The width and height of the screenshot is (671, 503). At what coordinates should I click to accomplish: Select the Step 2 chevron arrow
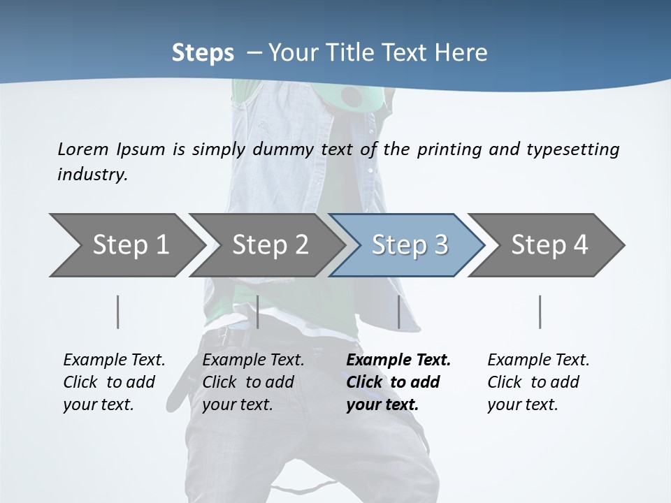269,245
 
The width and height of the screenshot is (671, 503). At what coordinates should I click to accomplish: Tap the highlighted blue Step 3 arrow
409,245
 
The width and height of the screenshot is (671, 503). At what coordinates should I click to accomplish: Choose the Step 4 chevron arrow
549,245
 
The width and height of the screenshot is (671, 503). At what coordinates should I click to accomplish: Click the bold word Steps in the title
203,53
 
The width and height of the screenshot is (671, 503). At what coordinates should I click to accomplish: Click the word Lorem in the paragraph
83,149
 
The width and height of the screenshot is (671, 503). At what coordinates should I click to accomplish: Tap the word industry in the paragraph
92,175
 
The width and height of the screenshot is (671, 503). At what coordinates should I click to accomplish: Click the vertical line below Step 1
117,312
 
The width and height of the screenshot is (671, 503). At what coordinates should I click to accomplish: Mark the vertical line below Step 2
258,312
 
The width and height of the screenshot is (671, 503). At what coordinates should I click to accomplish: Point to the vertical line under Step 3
398,312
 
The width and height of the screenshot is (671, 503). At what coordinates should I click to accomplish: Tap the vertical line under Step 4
540,312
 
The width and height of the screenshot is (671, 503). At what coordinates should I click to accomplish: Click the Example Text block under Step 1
114,382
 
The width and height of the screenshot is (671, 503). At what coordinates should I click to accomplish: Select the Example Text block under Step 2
253,382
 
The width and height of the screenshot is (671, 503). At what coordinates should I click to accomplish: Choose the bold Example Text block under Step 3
398,382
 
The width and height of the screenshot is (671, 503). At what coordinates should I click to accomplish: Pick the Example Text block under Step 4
538,382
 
